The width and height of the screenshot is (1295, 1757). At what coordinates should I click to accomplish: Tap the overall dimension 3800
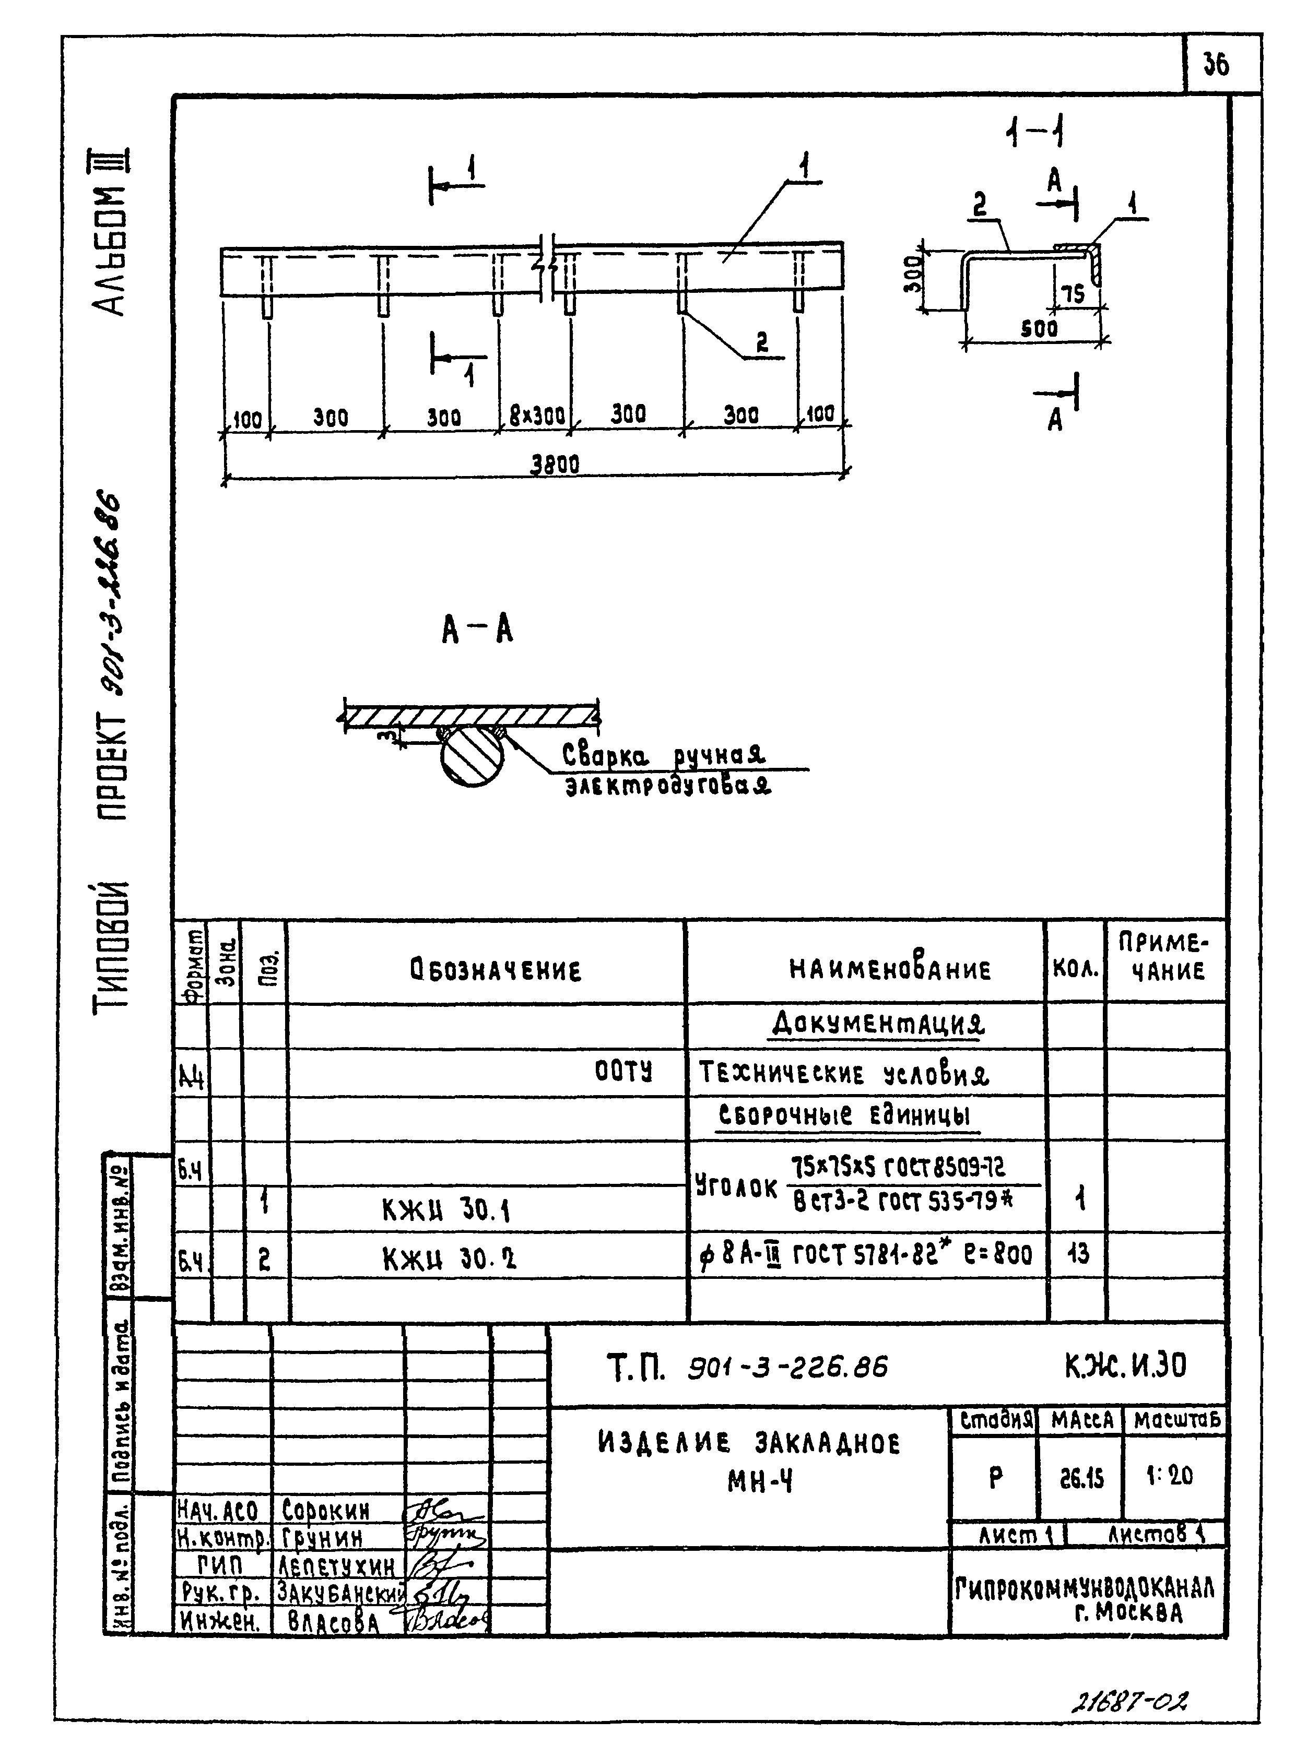(555, 465)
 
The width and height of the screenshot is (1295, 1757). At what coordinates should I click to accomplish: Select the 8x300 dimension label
(537, 415)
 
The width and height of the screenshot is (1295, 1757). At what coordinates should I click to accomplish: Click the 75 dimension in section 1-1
(1073, 295)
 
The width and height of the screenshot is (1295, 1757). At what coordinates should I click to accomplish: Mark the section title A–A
(477, 630)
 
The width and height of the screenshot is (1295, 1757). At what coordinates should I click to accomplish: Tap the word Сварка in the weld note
(606, 756)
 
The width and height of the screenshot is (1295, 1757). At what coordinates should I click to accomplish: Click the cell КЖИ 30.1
(446, 1212)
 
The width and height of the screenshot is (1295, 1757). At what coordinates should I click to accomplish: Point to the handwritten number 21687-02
(1129, 1702)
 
